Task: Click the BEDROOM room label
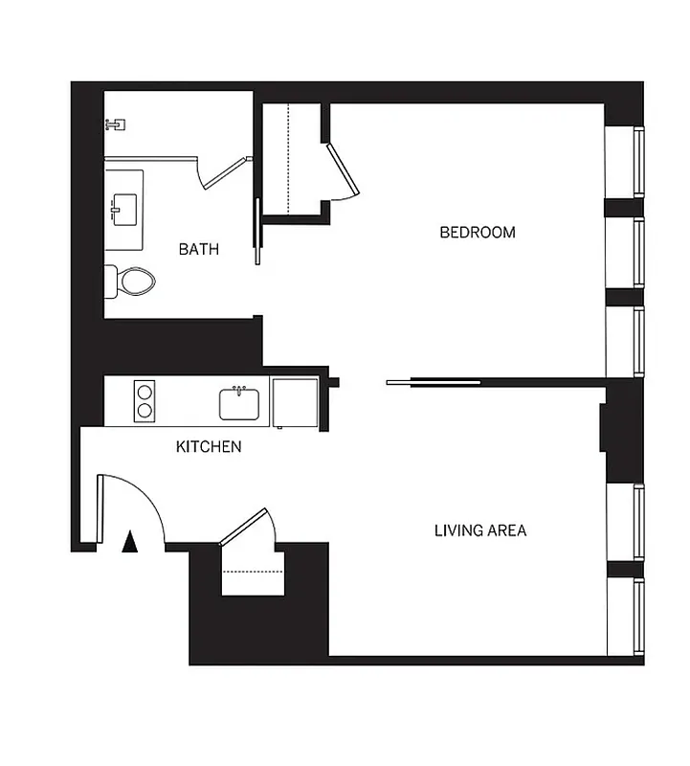pos(477,232)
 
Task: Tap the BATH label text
pos(199,249)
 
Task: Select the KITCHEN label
pos(208,446)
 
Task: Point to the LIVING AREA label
pos(480,529)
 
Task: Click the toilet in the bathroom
pos(132,281)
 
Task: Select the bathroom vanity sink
pos(124,205)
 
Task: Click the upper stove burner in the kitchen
pos(145,391)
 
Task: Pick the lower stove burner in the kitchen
pos(145,411)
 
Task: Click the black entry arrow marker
pos(130,543)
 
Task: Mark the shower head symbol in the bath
pos(116,124)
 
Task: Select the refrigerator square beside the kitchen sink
pos(295,402)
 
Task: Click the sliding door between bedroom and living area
pos(434,383)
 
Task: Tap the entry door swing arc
pos(144,498)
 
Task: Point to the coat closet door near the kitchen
pos(247,527)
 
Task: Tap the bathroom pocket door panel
pos(257,231)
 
